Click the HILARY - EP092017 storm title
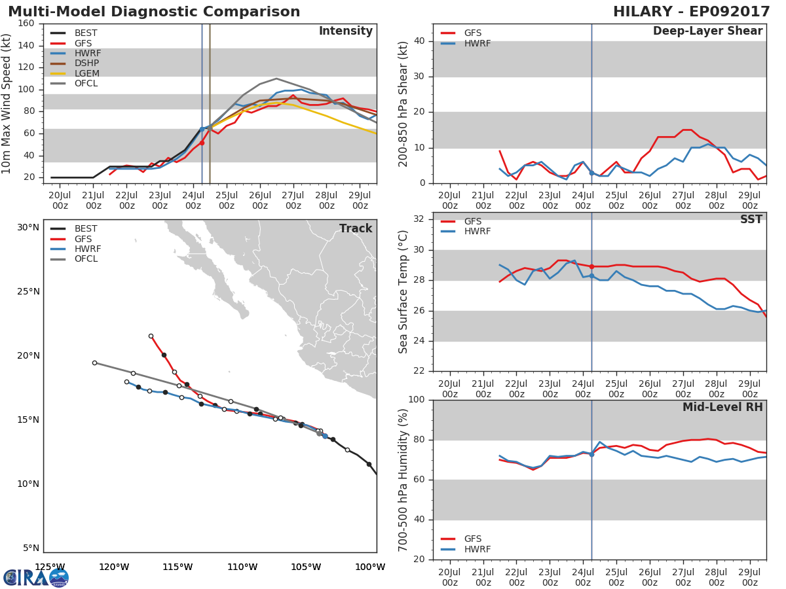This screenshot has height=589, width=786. pos(691,11)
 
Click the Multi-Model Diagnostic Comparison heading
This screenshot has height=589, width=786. pos(154,11)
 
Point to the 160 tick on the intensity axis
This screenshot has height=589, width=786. pos(26,24)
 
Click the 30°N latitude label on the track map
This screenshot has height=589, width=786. pos(28,228)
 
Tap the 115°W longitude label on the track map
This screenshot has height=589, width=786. pos(178,567)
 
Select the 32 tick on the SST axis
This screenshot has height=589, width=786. pos(419,219)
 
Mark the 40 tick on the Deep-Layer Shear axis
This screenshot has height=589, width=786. pos(419,41)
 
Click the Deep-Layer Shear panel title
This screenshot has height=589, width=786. pos(707,31)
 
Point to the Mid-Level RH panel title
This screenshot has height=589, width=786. pos(722,407)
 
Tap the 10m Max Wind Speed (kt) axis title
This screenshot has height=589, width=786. pos(6,103)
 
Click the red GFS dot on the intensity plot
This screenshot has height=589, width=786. pos(202,143)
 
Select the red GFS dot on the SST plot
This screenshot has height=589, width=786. pos(591,267)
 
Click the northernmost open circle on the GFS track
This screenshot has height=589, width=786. pos(151,336)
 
